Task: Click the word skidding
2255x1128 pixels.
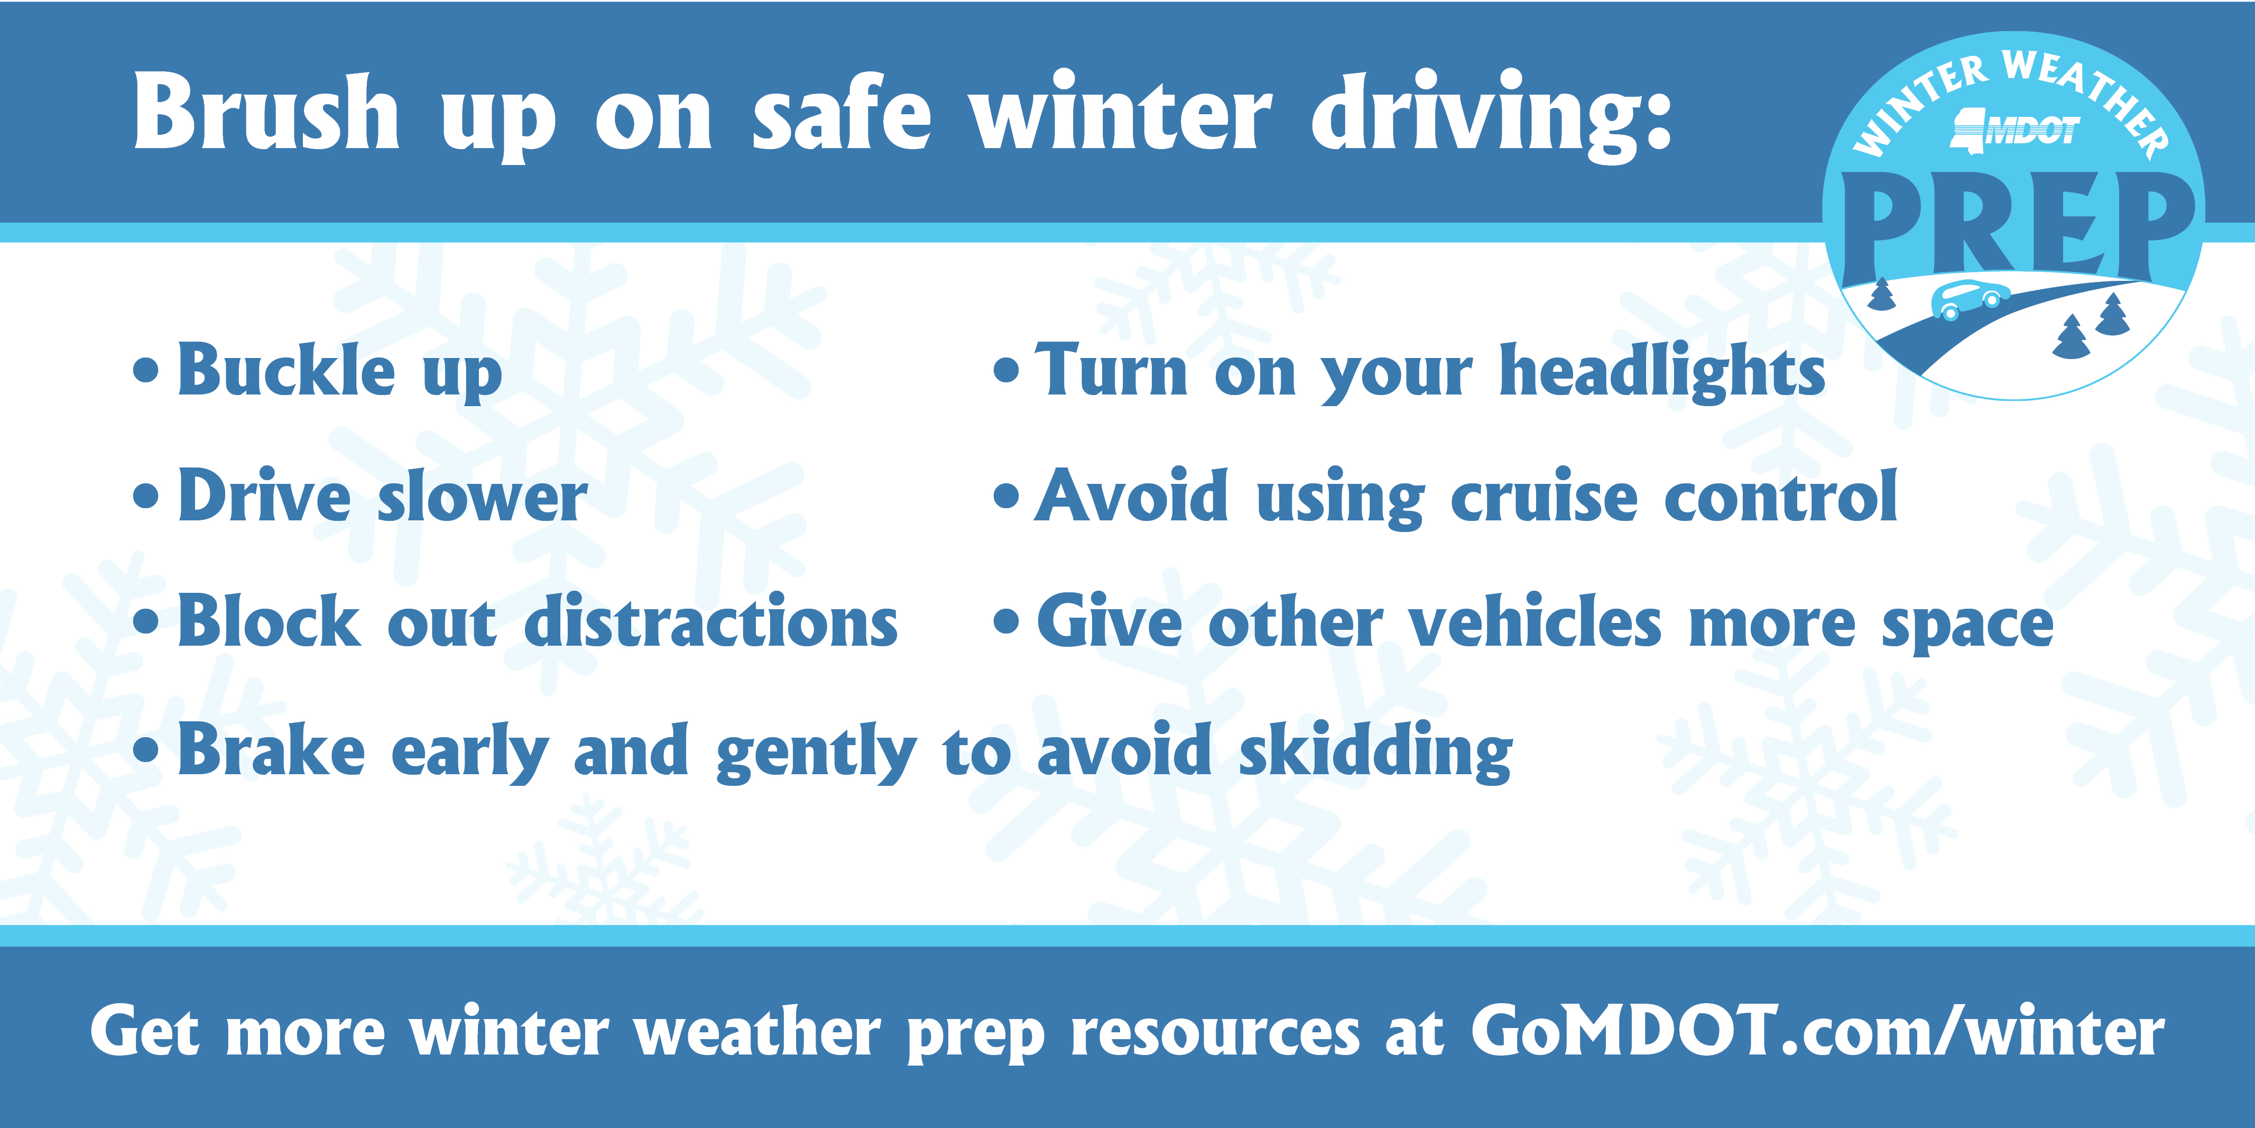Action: [x=1375, y=751]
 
